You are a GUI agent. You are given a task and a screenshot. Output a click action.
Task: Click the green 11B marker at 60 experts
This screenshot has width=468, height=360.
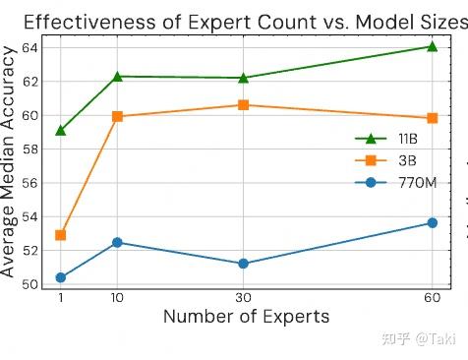click(x=432, y=46)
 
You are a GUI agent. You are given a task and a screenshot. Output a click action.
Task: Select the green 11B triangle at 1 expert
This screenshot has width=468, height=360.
click(x=61, y=130)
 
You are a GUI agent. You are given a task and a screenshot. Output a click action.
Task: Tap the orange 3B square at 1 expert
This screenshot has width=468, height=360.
click(x=61, y=235)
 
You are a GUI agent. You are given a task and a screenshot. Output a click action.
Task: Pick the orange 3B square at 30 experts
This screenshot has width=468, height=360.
click(x=243, y=105)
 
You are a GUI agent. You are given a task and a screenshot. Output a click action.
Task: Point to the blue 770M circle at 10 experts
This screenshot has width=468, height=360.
click(x=118, y=242)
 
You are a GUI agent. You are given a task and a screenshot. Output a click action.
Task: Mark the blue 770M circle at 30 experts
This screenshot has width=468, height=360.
click(x=243, y=264)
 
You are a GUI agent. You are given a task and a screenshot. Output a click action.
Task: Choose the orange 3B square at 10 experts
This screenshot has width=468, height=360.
click(x=118, y=116)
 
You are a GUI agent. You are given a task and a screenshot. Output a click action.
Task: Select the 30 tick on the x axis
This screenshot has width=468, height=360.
click(x=243, y=298)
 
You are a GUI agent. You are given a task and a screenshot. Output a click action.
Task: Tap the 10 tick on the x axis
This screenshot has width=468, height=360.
click(x=118, y=298)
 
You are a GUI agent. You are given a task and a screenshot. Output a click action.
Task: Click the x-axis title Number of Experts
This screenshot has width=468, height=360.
click(x=246, y=317)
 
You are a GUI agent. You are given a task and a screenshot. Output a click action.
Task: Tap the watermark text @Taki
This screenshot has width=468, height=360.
click(x=435, y=338)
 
